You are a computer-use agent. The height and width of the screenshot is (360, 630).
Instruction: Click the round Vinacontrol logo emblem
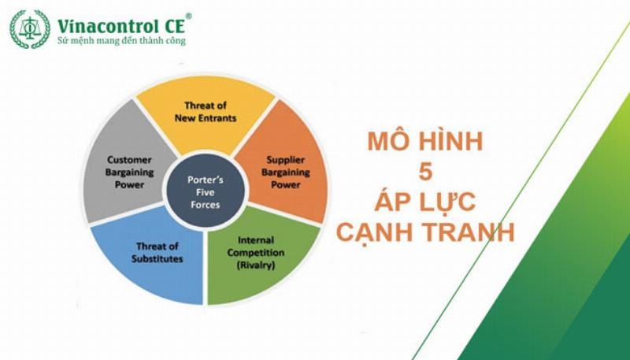[29, 29]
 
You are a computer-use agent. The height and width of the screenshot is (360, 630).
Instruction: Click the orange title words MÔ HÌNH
[425, 143]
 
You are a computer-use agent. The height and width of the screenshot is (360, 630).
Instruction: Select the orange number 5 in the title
[424, 173]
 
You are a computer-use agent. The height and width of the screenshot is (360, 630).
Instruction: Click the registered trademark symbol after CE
[188, 16]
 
